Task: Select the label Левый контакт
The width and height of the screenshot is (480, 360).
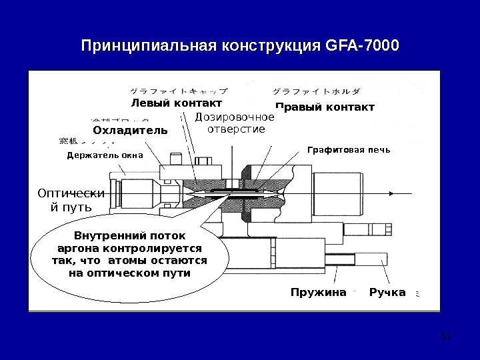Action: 176,103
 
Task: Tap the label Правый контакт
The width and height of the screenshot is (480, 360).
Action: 325,107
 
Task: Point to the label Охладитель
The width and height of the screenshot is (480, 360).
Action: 130,129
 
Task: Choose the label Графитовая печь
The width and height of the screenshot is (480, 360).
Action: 347,150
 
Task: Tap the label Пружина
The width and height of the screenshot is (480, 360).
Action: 319,293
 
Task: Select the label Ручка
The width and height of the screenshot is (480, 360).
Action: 387,293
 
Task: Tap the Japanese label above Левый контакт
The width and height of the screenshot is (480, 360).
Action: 177,91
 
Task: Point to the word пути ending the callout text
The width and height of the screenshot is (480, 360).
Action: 176,273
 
